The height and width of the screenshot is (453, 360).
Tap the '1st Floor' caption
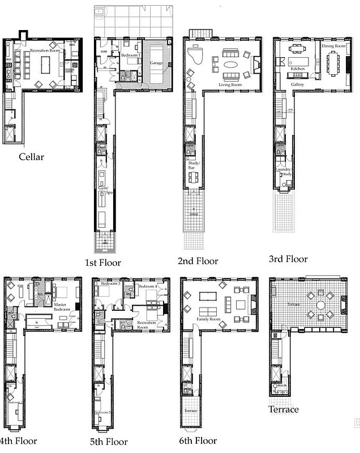click(102, 262)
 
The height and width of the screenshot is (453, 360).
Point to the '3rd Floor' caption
click(289, 259)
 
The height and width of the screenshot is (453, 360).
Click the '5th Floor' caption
click(111, 442)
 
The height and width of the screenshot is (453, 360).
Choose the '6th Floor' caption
click(198, 440)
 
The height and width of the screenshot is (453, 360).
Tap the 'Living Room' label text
click(230, 84)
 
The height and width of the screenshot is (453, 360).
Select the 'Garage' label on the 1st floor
click(157, 63)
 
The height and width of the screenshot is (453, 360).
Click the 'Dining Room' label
click(333, 45)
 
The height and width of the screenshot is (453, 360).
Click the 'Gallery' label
click(298, 84)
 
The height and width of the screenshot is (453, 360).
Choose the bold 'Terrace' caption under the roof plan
click(284, 409)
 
